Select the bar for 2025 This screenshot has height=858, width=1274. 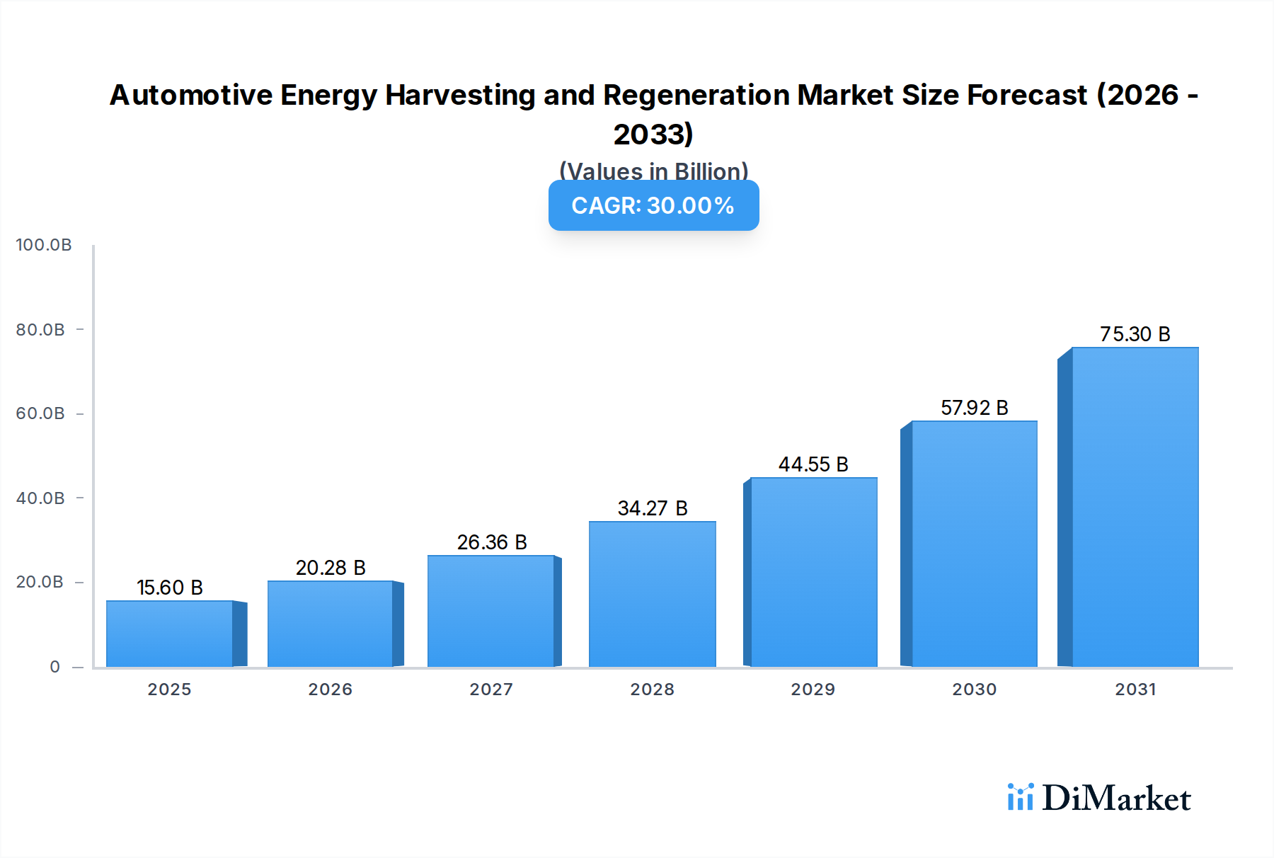click(170, 634)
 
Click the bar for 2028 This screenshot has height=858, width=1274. click(652, 595)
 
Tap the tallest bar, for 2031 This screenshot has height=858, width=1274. click(1135, 507)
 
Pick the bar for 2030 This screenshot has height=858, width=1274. click(974, 544)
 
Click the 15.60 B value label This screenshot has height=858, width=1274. click(170, 588)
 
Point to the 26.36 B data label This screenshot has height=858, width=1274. click(492, 542)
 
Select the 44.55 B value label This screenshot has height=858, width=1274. click(813, 464)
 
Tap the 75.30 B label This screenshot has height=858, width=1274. click(1135, 334)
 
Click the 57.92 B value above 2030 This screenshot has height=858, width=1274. click(974, 408)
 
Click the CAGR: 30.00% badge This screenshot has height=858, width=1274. click(653, 205)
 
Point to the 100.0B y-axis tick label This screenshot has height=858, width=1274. click(44, 245)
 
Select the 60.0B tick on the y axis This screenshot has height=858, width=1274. click(40, 413)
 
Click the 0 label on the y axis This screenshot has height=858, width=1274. click(54, 667)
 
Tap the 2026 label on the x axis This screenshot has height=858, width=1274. click(330, 690)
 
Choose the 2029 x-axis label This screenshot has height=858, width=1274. click(813, 690)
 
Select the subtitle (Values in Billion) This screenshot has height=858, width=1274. click(653, 171)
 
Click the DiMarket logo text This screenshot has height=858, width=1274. click(1116, 799)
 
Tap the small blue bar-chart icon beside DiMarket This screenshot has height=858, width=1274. click(1020, 797)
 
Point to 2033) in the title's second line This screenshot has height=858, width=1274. click(653, 135)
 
